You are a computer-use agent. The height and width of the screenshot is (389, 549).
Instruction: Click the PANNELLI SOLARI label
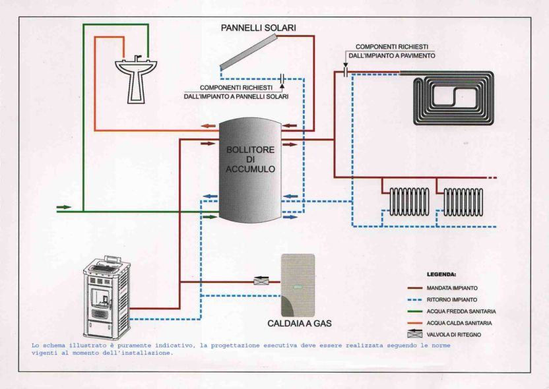pyautogui.click(x=258, y=28)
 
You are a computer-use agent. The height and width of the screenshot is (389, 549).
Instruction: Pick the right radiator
pyautogui.click(x=465, y=201)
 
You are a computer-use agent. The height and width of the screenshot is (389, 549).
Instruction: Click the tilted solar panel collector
pyautogui.click(x=258, y=57)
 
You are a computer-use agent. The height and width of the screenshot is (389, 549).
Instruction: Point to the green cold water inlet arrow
pyautogui.click(x=64, y=207)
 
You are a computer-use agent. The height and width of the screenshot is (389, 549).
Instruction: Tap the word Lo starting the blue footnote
pyautogui.click(x=36, y=345)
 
